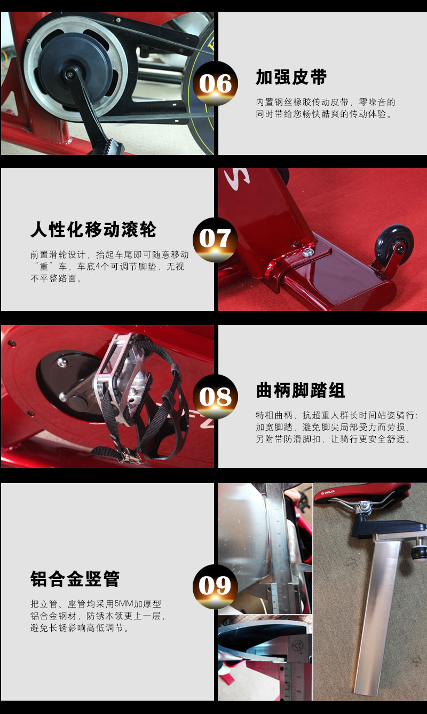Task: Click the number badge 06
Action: click(216, 84)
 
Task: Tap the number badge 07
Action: click(215, 239)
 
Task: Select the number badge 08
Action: click(215, 397)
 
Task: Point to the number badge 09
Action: click(215, 586)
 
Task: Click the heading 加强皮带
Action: click(291, 77)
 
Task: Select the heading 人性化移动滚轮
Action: click(93, 230)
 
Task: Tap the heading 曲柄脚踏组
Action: click(301, 390)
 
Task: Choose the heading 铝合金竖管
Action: click(75, 579)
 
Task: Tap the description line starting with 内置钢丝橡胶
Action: click(326, 102)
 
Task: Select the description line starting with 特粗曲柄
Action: click(337, 415)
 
